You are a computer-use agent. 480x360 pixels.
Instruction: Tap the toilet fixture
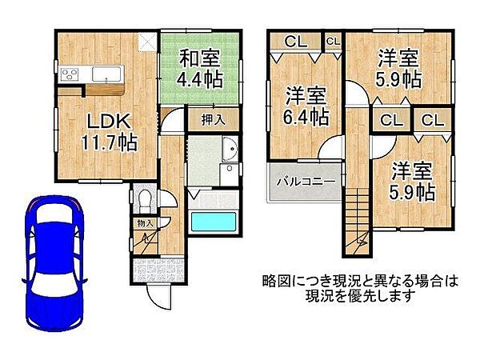click(146, 198)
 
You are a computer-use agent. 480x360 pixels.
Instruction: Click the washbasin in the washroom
click(230, 150)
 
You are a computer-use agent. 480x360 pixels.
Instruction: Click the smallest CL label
click(333, 40)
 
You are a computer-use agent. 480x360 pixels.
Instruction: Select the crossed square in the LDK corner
click(147, 42)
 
